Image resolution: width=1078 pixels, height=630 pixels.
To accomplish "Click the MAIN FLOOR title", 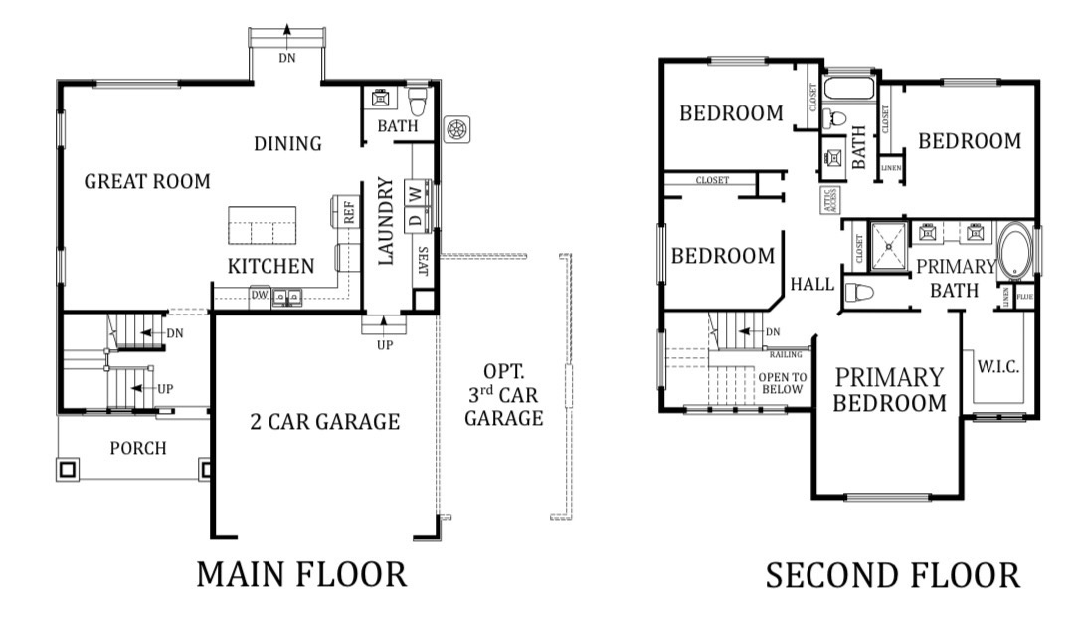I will coord(300,574).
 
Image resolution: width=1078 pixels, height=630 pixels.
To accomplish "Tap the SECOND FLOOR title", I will coord(892,575).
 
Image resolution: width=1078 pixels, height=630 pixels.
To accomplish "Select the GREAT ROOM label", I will coord(147,181).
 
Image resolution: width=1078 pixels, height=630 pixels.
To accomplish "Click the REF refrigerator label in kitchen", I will coord(349,211).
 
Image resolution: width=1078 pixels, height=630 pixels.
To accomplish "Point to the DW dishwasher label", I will coord(259,295).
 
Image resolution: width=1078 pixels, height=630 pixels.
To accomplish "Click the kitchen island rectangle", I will coord(263,225).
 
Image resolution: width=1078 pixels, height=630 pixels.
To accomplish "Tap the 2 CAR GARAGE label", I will coord(324,421).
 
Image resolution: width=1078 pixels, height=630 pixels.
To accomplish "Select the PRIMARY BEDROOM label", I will coord(889,390).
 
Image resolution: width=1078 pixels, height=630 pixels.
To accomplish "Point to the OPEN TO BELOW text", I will coord(782,383).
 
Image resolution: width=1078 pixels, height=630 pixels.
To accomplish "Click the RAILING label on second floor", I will coord(787,353).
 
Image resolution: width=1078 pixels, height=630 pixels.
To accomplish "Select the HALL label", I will coord(811,285).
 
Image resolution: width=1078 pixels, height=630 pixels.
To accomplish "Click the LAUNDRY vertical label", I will coord(387,220).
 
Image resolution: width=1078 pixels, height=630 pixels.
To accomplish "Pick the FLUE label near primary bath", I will coord(1023,296).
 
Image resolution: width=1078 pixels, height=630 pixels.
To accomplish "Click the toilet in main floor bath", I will coord(418,100).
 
